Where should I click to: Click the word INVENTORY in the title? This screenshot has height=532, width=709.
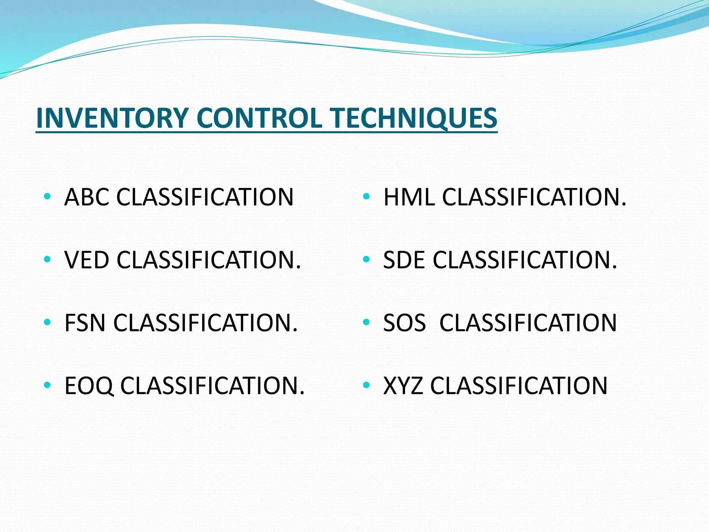pos(112,118)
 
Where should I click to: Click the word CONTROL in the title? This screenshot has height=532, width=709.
pos(259,118)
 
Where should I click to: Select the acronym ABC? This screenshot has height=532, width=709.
pos(87,197)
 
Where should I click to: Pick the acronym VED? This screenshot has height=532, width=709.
pos(87,260)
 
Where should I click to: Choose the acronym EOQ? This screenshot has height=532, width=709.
pos(89,385)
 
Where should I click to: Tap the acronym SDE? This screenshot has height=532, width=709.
pos(404,260)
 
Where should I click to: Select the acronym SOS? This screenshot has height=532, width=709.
pos(404,323)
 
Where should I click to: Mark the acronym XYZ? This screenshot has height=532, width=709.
pos(403,385)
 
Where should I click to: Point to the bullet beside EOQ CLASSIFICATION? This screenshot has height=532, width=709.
pos(47,385)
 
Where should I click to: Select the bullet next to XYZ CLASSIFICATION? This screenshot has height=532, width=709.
pos(366,385)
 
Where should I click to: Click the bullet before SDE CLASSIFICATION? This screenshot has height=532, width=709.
pos(366,259)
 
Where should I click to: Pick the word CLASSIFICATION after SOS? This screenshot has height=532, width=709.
pos(528,323)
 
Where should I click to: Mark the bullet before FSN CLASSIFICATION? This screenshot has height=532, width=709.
pos(47,322)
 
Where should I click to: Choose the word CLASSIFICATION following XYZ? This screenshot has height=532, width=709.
pos(519,385)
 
